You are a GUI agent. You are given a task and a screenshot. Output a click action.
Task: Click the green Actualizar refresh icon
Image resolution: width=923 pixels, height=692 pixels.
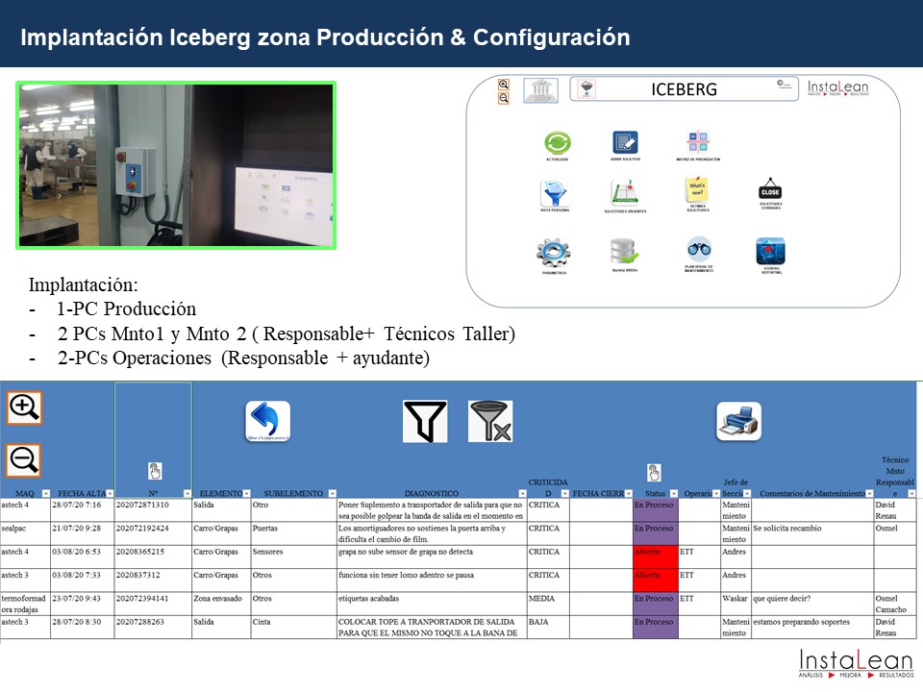(x=558, y=142)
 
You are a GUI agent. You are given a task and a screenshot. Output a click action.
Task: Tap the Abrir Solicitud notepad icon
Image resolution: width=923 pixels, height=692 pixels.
(x=625, y=142)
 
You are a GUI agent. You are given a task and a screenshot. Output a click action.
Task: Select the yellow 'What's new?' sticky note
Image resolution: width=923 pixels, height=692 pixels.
(x=697, y=187)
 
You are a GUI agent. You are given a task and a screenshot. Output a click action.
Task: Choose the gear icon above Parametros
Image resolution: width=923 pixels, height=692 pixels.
(x=554, y=253)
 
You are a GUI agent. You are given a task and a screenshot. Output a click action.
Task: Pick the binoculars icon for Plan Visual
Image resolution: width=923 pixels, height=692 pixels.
(x=699, y=249)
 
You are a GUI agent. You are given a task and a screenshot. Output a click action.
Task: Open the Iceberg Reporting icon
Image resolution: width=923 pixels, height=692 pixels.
(x=770, y=252)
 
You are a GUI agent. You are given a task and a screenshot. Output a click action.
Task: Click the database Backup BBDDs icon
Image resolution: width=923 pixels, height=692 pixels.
(x=624, y=252)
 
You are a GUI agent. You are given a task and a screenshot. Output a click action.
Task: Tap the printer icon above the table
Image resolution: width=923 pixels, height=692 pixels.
(x=738, y=421)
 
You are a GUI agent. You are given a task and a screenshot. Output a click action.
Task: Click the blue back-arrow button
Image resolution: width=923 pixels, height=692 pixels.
(x=267, y=421)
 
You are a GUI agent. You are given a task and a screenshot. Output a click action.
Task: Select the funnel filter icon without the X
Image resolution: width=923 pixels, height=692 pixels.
(x=425, y=421)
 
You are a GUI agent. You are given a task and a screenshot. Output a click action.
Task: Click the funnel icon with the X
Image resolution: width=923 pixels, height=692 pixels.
(x=490, y=421)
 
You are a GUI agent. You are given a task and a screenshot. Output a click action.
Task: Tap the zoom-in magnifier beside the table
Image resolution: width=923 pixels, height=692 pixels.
(x=24, y=408)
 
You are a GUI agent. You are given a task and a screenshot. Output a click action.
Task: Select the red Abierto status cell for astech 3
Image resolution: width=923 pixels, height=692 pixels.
(x=655, y=576)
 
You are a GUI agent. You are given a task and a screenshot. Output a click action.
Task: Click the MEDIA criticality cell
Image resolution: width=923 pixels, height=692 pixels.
(x=546, y=599)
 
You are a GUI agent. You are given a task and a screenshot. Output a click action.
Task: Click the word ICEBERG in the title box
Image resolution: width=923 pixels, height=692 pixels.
(x=684, y=90)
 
